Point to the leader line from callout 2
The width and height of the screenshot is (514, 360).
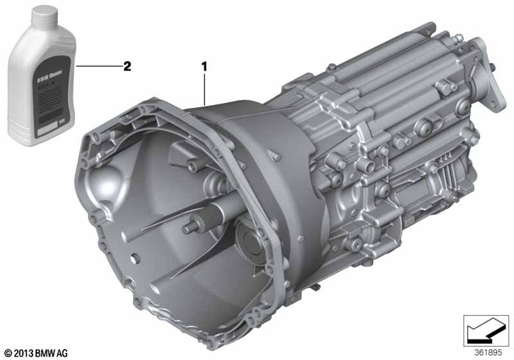click(96, 66)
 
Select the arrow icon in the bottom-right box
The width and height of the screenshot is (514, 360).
click(485, 332)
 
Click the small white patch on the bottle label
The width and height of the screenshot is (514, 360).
click(60, 121)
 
